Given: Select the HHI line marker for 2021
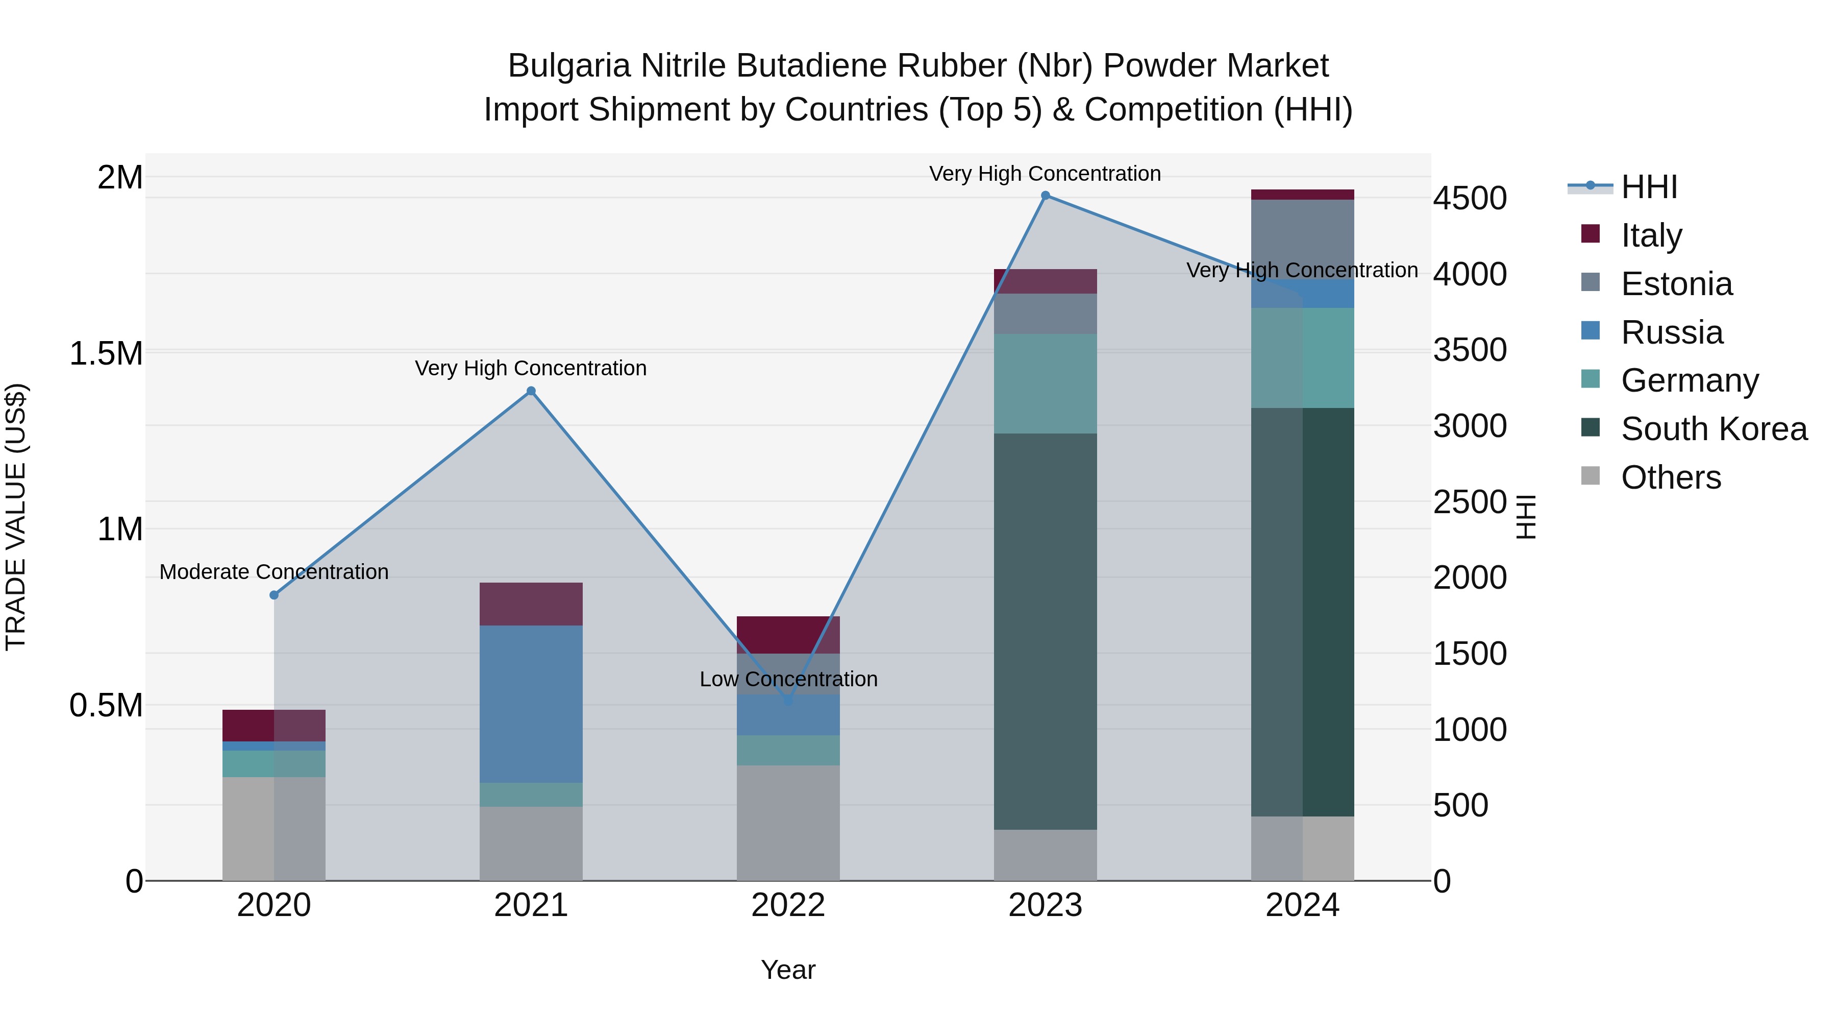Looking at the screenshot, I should (x=531, y=391).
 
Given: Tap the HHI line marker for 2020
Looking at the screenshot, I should (x=274, y=595).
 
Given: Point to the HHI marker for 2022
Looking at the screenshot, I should (x=788, y=701).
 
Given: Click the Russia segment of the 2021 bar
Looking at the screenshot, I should (x=531, y=704).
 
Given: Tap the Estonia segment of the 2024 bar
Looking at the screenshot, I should (x=1302, y=239).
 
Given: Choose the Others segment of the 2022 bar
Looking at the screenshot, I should (x=788, y=823).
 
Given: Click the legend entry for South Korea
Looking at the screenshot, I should (x=1714, y=429).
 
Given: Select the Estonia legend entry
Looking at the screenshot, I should (x=1676, y=284).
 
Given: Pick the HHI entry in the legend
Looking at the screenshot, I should (x=1648, y=187).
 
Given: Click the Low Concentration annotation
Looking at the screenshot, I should (x=788, y=679).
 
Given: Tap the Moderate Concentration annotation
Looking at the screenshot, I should (x=274, y=572).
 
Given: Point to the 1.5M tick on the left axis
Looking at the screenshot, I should (x=106, y=354).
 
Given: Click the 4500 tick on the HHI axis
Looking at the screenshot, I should (x=1470, y=199).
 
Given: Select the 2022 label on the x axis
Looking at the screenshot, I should (x=788, y=905).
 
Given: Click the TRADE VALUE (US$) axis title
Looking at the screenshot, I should (x=16, y=517).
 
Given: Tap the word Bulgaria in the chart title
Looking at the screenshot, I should (x=569, y=66).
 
